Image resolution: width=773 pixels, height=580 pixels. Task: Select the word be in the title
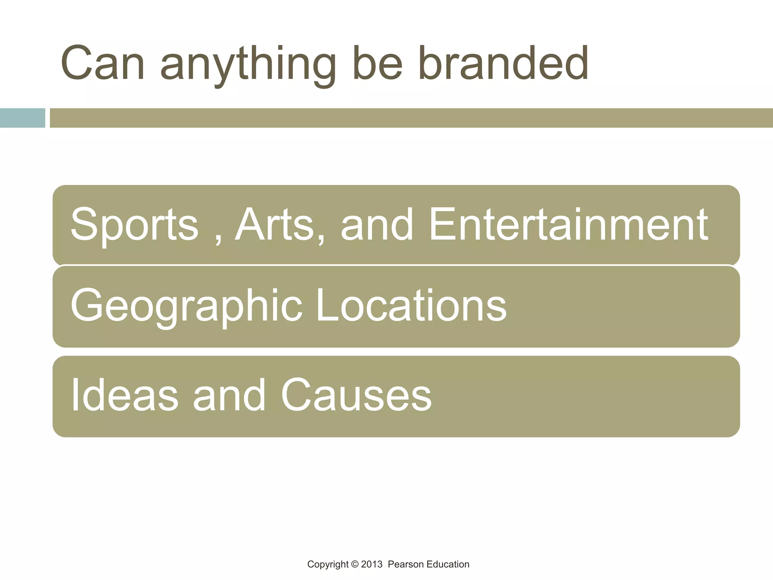[x=377, y=63]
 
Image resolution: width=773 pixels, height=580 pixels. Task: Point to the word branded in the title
[x=503, y=63]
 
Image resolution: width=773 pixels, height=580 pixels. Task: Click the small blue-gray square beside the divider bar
[x=22, y=118]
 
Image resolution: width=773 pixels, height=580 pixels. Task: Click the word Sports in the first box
[x=134, y=225]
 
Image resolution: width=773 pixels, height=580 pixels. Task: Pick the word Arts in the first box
[x=275, y=224]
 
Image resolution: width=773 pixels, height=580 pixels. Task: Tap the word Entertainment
[x=568, y=224]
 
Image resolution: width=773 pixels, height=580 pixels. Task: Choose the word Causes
[x=356, y=395]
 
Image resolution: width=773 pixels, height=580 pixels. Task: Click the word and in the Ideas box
[x=229, y=395]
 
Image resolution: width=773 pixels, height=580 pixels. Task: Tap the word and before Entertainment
[x=377, y=224]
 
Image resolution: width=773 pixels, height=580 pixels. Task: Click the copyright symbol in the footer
[x=354, y=565]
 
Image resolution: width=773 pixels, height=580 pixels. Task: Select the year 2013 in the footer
[x=371, y=565]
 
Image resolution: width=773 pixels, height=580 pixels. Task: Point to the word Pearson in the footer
[x=406, y=565]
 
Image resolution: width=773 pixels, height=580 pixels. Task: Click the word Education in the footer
[x=448, y=565]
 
